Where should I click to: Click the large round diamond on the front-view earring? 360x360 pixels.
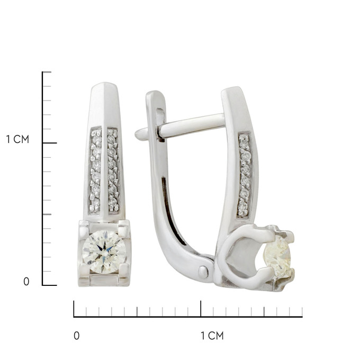[104, 252]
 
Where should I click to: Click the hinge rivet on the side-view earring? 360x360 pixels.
[203, 272]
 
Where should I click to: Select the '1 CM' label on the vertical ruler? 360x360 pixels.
[17, 139]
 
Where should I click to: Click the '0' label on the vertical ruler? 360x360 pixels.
[26, 282]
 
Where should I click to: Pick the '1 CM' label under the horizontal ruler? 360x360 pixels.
[212, 336]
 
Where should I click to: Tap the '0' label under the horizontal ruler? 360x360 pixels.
[77, 336]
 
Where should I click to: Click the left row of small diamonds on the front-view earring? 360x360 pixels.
[95, 170]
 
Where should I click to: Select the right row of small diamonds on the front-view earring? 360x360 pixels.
[113, 170]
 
